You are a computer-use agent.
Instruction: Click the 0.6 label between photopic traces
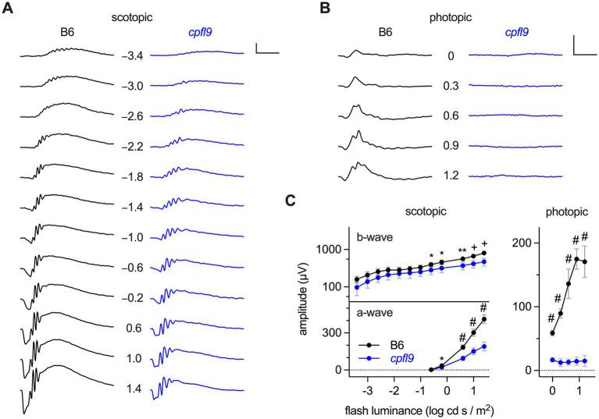(x=450, y=116)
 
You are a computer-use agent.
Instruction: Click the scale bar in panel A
(x=266, y=51)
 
